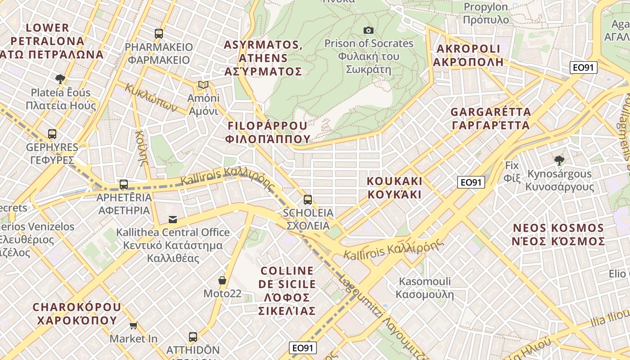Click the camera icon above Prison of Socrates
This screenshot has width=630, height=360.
click(369, 30)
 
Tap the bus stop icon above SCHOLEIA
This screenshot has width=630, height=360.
click(308, 199)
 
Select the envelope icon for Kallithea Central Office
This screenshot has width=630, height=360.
click(173, 220)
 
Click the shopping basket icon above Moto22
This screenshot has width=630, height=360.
click(222, 280)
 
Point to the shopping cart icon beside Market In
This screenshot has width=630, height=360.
click(133, 325)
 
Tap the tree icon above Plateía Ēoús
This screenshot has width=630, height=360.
click(60, 79)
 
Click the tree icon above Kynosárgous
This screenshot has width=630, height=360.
click(559, 160)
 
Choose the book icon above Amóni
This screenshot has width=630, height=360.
click(203, 85)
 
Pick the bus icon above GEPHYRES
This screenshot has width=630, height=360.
click(52, 134)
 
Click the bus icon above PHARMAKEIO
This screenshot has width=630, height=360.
click(158, 33)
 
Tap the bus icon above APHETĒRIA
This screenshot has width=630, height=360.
click(124, 184)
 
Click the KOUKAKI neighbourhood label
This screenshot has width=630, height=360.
click(395, 188)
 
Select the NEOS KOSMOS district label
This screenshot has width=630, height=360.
click(558, 234)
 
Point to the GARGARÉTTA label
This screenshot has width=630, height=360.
click(490, 118)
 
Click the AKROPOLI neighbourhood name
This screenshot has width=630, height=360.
click(468, 55)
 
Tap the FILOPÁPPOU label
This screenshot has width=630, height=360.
click(269, 132)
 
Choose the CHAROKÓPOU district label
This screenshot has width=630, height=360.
click(77, 314)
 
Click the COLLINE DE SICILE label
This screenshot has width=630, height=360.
click(287, 291)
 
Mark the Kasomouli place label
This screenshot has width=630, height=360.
click(424, 288)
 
